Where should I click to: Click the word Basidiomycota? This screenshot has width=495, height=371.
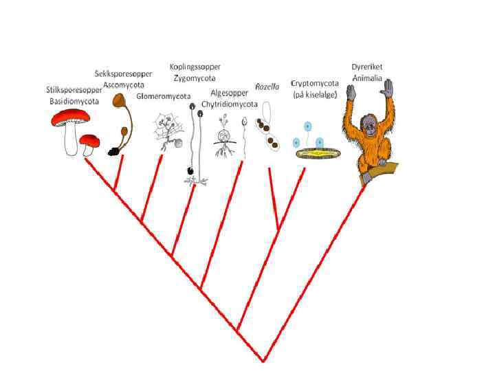point(74,101)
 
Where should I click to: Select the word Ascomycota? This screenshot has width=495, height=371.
point(122,85)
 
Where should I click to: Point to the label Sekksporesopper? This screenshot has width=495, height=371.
point(124,74)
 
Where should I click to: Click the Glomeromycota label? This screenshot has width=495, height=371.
point(163,96)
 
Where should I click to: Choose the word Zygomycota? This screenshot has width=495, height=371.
point(195,78)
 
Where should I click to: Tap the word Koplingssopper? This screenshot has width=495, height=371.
point(195,67)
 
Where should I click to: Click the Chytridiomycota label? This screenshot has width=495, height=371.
point(229,104)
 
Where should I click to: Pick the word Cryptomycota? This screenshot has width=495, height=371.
point(313,82)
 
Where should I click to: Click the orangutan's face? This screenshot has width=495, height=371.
point(370,126)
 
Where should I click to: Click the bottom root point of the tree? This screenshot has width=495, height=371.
point(263,359)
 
